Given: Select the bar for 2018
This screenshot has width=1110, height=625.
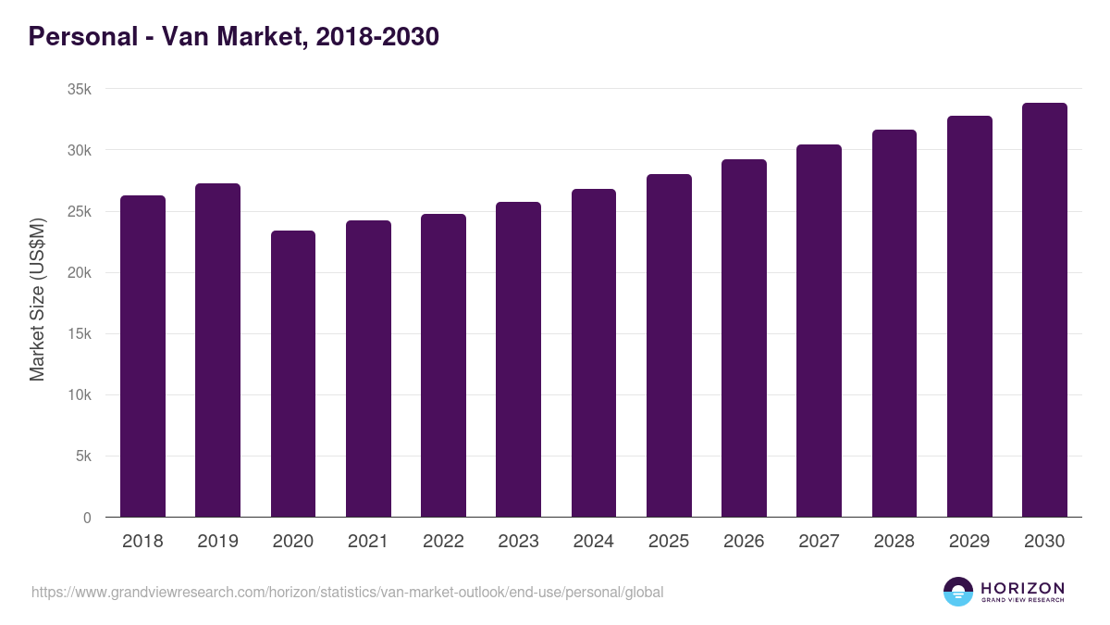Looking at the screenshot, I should (142, 356).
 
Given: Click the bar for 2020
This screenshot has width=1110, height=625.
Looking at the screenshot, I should (293, 374).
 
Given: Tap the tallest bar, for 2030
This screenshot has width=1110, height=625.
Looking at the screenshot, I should (1044, 310).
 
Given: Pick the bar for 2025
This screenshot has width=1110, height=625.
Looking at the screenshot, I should (669, 345).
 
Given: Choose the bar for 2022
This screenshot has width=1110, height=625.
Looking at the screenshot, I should (443, 366).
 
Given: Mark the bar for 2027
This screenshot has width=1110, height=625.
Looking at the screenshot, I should (819, 331).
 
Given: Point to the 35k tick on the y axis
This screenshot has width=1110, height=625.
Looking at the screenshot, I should (80, 90).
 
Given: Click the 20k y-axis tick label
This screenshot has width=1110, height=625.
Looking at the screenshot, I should (80, 273).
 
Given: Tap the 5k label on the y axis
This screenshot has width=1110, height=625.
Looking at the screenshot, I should (83, 456).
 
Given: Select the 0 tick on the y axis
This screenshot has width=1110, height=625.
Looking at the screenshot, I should (87, 518).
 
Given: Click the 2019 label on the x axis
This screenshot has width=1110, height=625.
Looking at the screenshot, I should (217, 542).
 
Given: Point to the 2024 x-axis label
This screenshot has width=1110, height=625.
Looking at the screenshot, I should (593, 542).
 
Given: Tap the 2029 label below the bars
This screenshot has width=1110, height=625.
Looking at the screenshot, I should (968, 542).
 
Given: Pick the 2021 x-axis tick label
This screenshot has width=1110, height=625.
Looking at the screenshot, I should (368, 542).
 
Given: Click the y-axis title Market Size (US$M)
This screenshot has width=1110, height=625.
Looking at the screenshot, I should (37, 299).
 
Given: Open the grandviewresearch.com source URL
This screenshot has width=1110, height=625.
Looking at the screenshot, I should (347, 592).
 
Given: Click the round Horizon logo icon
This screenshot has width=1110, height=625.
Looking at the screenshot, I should (958, 592).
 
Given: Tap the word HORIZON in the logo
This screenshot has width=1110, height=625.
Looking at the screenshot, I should (1022, 588).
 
